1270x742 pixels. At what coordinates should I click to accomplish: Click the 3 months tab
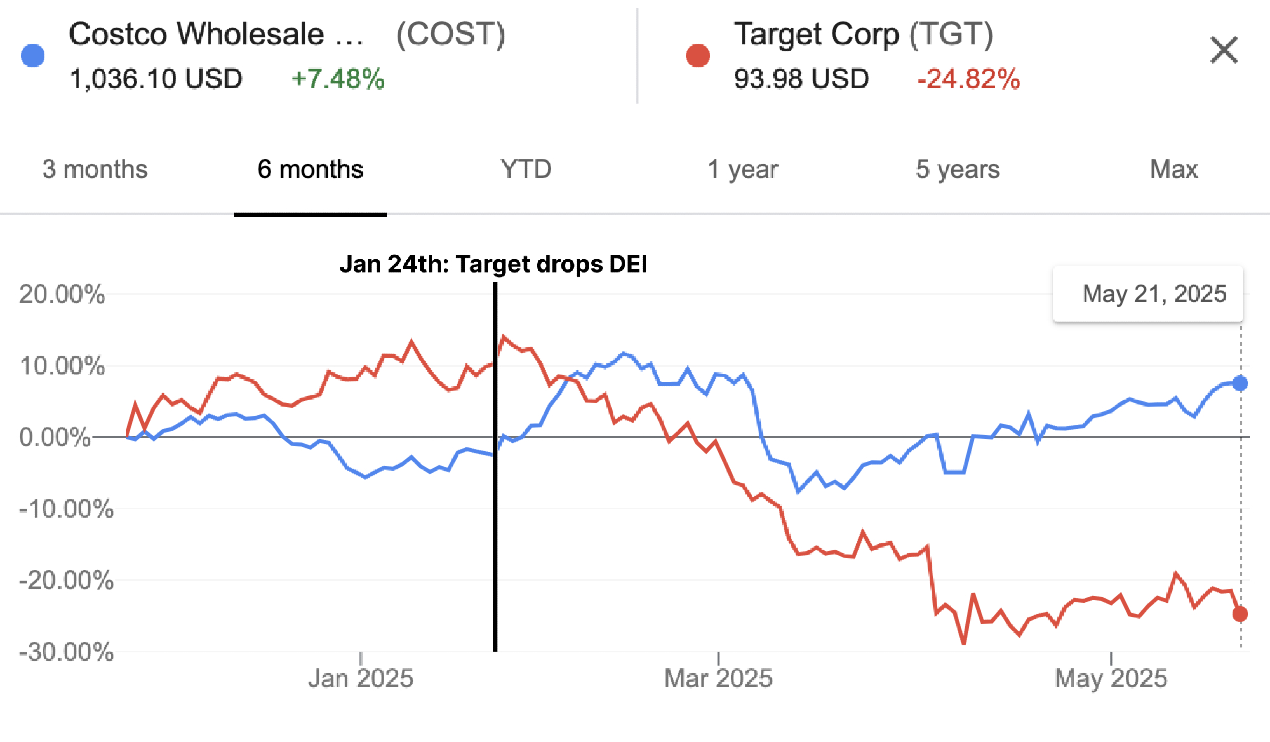point(95,170)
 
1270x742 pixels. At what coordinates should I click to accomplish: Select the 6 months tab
point(311,170)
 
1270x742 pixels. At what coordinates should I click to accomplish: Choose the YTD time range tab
point(526,170)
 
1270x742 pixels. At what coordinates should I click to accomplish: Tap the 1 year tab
point(742,170)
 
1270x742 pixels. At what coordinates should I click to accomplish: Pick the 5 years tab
point(958,170)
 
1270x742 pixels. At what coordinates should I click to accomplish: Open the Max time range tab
point(1173,170)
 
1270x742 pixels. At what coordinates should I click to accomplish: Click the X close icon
point(1224,50)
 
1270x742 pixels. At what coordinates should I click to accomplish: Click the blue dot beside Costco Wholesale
point(33,56)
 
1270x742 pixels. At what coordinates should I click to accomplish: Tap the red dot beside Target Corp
point(698,56)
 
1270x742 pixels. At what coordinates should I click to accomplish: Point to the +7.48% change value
point(338,79)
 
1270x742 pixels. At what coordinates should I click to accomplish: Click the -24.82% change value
point(968,79)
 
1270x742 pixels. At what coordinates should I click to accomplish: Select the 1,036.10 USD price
point(156,79)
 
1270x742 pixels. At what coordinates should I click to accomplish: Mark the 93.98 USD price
point(801,79)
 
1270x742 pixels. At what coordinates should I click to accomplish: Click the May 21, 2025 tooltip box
point(1148,294)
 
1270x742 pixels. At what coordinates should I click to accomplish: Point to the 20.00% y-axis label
point(62,295)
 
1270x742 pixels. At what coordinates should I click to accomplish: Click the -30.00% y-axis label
point(66,652)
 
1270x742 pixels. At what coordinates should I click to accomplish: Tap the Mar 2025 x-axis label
point(718,678)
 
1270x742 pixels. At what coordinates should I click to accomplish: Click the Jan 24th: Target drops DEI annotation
point(493,264)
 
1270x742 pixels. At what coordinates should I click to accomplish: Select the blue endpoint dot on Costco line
point(1240,383)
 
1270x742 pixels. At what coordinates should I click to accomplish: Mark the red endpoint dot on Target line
point(1240,614)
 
